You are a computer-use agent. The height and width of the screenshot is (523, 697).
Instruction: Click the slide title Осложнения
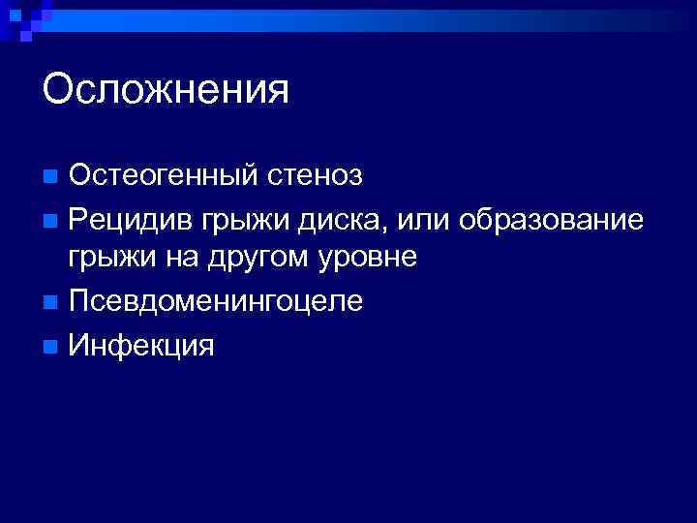(x=166, y=90)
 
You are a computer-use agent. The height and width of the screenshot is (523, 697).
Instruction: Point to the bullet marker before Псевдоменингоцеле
(x=50, y=301)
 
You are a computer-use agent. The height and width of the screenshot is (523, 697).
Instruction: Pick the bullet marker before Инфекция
(x=50, y=344)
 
